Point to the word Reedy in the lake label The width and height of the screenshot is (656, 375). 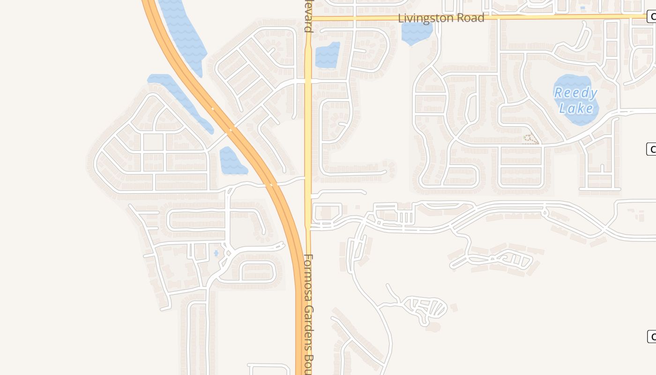(575, 93)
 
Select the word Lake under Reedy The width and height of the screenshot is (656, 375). (576, 109)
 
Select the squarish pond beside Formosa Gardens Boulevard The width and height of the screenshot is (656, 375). (327, 55)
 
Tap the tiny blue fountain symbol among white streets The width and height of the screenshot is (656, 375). (216, 254)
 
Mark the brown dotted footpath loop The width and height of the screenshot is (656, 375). (530, 138)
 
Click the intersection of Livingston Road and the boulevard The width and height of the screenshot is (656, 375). (308, 18)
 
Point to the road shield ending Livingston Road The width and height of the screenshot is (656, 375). (651, 17)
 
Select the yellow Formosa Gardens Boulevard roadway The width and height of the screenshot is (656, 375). (308, 141)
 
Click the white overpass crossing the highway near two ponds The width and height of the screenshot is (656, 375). (230, 130)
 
